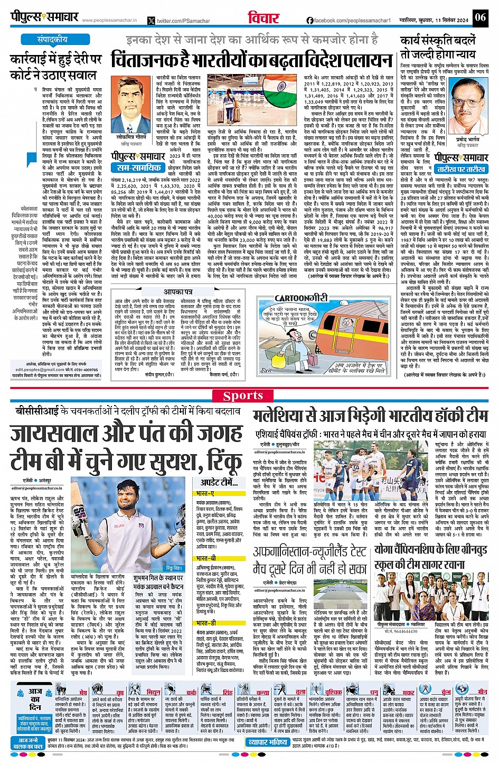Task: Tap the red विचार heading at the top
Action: pyautogui.click(x=263, y=17)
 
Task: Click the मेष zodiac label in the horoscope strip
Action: pyautogui.click(x=83, y=692)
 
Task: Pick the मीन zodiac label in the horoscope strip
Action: pyautogui.click(x=482, y=692)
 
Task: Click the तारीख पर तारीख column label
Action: pyautogui.click(x=462, y=169)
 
